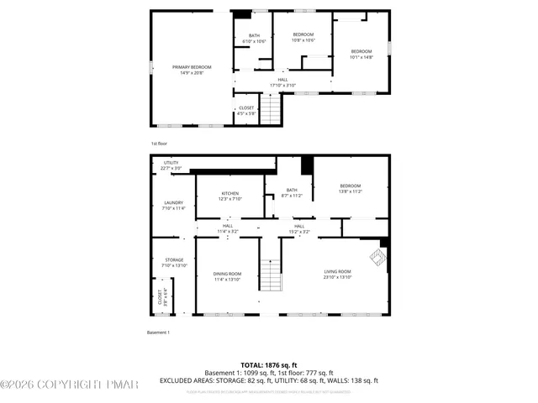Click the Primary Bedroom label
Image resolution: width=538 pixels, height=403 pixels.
click(x=192, y=70)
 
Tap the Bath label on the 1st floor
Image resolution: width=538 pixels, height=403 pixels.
click(x=254, y=38)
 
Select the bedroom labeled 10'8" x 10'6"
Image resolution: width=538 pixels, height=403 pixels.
click(x=303, y=37)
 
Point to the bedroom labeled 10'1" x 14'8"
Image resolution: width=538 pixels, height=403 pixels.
click(x=361, y=54)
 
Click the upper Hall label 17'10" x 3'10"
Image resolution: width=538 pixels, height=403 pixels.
click(x=282, y=82)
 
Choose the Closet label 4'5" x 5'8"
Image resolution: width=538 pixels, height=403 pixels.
click(x=246, y=110)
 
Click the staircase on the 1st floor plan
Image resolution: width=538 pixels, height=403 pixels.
click(x=270, y=109)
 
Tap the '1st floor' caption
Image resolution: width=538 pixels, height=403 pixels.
click(x=159, y=144)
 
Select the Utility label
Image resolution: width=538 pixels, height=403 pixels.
click(x=171, y=165)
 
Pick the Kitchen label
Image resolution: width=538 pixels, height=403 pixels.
click(x=230, y=196)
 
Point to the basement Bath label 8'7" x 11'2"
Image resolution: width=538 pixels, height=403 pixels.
click(x=292, y=192)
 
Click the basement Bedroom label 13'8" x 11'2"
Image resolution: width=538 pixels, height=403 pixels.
click(x=350, y=188)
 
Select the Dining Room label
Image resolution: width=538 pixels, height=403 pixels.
click(x=227, y=276)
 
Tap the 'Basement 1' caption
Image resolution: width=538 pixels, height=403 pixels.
click(x=159, y=332)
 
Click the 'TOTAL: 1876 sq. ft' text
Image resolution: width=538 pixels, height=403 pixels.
click(x=269, y=365)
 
